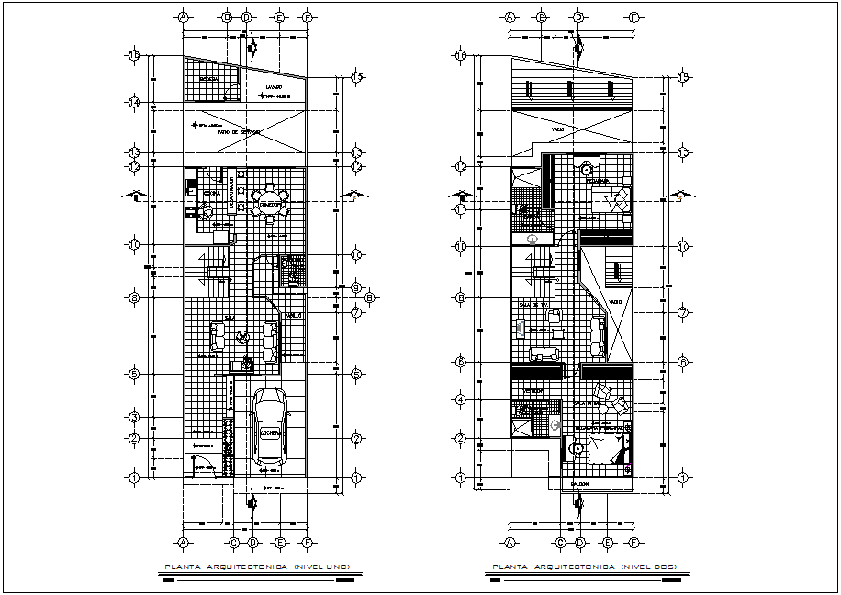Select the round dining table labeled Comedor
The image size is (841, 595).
pyautogui.click(x=270, y=205)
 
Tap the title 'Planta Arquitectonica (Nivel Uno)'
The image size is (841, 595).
pyautogui.click(x=251, y=567)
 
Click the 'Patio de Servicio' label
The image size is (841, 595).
pyautogui.click(x=238, y=132)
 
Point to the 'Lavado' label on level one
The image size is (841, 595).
pyautogui.click(x=274, y=88)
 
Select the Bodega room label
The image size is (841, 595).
pyautogui.click(x=209, y=79)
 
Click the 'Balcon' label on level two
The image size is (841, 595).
pyautogui.click(x=579, y=484)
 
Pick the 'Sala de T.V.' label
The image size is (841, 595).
pyautogui.click(x=533, y=304)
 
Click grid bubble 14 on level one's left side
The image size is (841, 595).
pyautogui.click(x=133, y=103)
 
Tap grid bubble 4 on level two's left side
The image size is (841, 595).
pyautogui.click(x=461, y=399)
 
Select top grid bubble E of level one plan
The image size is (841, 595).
pyautogui.click(x=279, y=17)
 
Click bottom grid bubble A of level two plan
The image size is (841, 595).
pyautogui.click(x=510, y=543)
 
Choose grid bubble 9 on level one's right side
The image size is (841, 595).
pyautogui.click(x=354, y=287)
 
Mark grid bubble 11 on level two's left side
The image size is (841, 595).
pyautogui.click(x=461, y=209)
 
